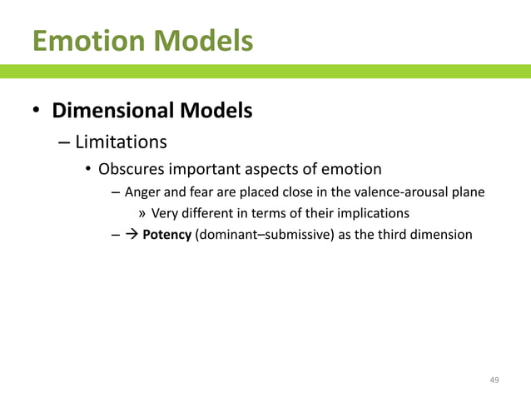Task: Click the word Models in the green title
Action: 204,40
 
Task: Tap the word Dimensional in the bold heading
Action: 119,110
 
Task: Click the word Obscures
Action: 131,170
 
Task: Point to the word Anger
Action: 143,192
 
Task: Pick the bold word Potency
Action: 166,235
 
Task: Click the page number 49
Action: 494,380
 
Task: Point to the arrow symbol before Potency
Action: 132,235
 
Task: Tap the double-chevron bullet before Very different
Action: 141,213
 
